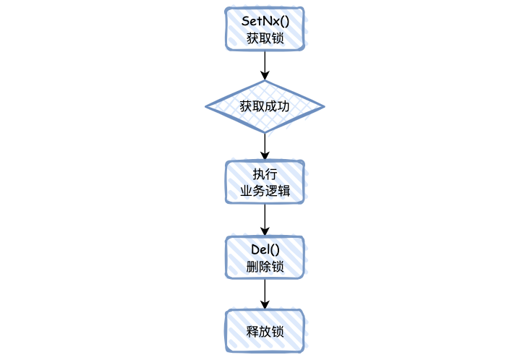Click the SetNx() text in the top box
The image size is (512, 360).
point(265,20)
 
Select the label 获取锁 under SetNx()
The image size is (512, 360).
point(265,38)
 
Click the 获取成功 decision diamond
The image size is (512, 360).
point(265,107)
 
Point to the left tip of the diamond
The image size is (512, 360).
point(208,107)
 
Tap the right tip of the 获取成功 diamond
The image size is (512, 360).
point(323,107)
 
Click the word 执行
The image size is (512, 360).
point(265,175)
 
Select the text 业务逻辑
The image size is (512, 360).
point(265,192)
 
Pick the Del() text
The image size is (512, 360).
point(265,249)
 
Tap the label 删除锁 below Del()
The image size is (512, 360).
point(265,266)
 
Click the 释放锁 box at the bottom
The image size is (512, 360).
point(265,331)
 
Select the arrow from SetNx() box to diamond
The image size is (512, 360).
point(265,65)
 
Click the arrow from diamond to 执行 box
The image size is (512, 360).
point(265,147)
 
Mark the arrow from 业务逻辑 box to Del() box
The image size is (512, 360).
point(265,219)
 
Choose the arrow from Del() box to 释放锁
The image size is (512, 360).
point(265,293)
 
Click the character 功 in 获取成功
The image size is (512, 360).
point(283,107)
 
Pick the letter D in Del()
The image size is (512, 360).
point(255,249)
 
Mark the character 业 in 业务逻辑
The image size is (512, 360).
point(246,192)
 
